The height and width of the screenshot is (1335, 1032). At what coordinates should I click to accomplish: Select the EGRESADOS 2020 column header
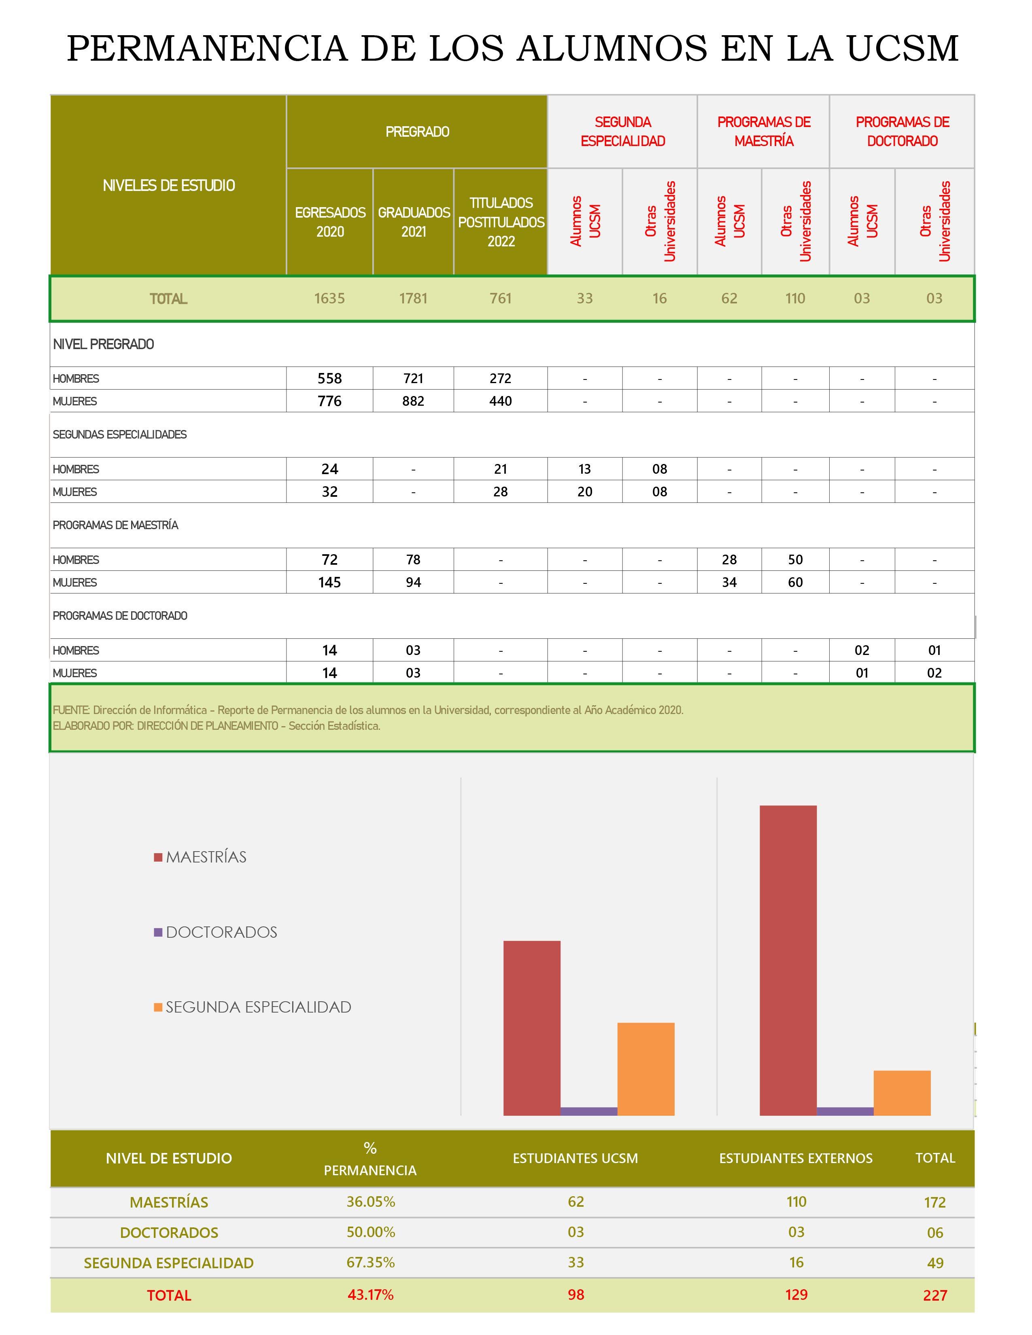click(x=330, y=222)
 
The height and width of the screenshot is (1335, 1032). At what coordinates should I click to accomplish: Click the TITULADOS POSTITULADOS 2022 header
click(x=501, y=222)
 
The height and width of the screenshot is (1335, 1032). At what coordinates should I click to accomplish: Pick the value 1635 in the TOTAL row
click(x=329, y=298)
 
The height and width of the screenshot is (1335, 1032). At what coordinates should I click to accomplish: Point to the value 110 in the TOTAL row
click(x=795, y=298)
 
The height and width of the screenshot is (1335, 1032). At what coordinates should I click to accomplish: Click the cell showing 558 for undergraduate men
click(x=329, y=378)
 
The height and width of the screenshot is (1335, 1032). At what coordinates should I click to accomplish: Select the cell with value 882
click(x=413, y=401)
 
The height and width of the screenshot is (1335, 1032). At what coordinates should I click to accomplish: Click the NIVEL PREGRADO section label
click(x=103, y=344)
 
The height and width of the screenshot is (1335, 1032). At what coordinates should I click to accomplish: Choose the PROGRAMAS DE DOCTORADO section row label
click(x=120, y=616)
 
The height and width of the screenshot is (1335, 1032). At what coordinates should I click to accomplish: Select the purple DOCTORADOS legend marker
click(x=158, y=932)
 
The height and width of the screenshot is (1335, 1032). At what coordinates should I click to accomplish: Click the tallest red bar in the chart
click(x=788, y=960)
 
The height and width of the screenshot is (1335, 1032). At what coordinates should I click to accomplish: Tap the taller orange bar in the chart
click(x=646, y=1069)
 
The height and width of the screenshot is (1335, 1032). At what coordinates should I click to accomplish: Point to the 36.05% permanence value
click(x=370, y=1202)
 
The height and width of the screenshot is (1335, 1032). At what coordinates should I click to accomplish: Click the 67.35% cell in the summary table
click(x=370, y=1262)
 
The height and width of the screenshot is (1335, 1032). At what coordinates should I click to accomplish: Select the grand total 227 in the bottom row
click(x=935, y=1295)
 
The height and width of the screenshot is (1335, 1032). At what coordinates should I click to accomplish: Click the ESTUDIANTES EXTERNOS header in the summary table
click(x=795, y=1158)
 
